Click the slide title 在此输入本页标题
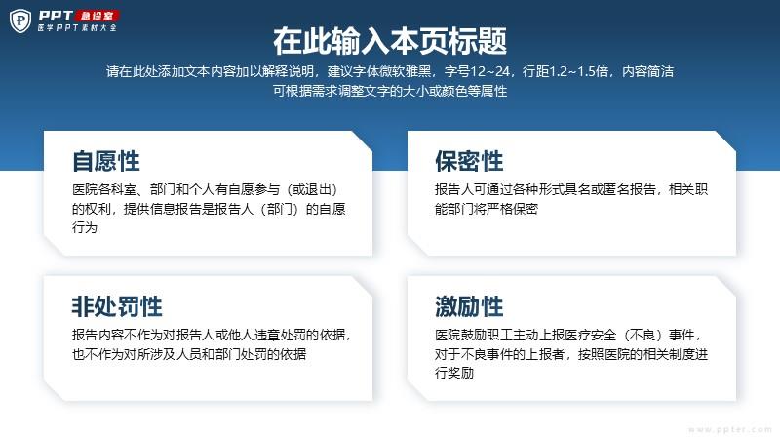point(390,41)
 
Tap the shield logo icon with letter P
point(20,20)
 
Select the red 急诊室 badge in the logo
point(97,16)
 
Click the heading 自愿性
point(106,161)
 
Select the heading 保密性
point(469,161)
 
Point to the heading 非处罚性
point(117,306)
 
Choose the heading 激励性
point(469,306)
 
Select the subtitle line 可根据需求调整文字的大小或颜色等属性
point(390,91)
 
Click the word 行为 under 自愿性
point(85,227)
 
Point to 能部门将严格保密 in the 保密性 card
point(487,209)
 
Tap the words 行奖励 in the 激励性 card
point(454,373)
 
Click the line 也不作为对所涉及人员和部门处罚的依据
point(189,354)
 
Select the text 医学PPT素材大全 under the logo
point(77,28)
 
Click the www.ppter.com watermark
point(730,429)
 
